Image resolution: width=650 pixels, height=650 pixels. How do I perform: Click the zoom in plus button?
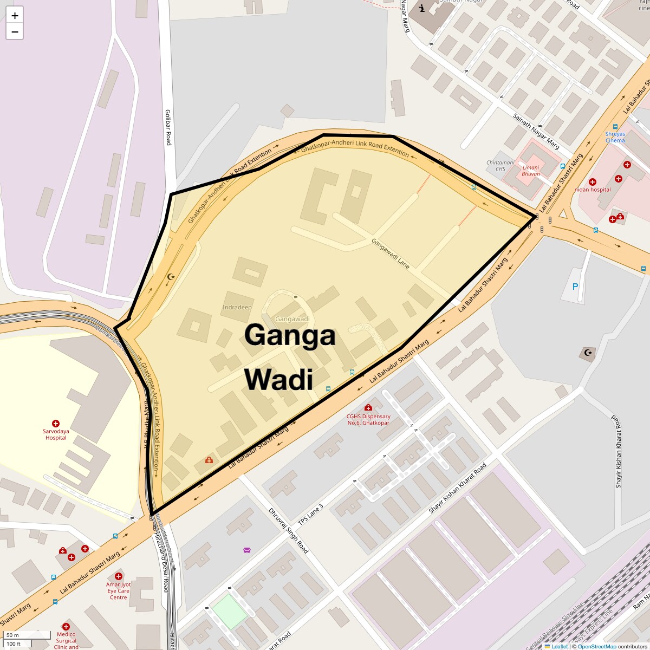pyautogui.click(x=15, y=16)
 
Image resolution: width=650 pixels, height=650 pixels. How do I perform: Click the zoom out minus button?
pyautogui.click(x=15, y=32)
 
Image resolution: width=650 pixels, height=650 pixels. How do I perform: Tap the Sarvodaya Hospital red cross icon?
pyautogui.click(x=55, y=424)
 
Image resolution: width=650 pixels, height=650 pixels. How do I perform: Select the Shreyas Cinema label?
pyautogui.click(x=615, y=137)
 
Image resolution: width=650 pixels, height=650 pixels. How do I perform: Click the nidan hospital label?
pyautogui.click(x=593, y=190)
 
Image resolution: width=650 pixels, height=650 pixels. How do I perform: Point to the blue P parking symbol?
pyautogui.click(x=575, y=287)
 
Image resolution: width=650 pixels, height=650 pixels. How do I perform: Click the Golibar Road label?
pyautogui.click(x=168, y=127)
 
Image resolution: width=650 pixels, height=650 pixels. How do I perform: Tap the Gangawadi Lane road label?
pyautogui.click(x=390, y=253)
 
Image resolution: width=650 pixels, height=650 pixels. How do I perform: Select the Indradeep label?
pyautogui.click(x=237, y=307)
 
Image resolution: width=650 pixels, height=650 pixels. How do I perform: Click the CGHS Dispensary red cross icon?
pyautogui.click(x=368, y=407)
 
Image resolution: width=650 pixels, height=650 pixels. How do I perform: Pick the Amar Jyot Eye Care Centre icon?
pyautogui.click(x=118, y=576)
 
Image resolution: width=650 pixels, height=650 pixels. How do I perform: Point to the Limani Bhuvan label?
pyautogui.click(x=530, y=171)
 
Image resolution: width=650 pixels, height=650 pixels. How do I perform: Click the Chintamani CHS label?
pyautogui.click(x=500, y=166)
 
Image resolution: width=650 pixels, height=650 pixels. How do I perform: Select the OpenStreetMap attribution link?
pyautogui.click(x=596, y=646)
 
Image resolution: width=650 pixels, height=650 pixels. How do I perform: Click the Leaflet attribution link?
pyautogui.click(x=559, y=646)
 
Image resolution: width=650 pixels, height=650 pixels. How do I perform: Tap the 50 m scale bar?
pyautogui.click(x=13, y=635)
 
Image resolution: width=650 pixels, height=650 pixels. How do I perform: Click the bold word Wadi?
pyautogui.click(x=279, y=380)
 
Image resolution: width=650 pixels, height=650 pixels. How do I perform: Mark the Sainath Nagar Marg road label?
pyautogui.click(x=536, y=131)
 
